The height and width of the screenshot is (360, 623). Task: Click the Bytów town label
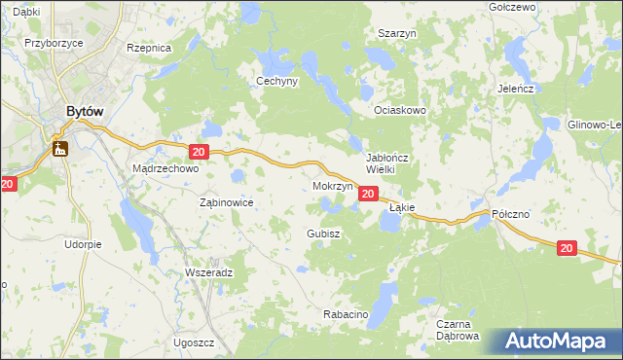coord(85,112)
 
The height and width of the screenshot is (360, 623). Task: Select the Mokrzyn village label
coord(332,185)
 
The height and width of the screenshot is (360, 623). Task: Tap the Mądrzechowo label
coord(165,168)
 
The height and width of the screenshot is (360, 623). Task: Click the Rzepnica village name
coord(149,47)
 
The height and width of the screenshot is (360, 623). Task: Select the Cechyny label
coord(276,82)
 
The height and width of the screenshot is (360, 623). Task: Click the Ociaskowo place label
coord(401,110)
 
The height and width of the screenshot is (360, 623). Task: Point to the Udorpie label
coord(84,244)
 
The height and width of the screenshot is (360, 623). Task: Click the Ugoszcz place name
coord(194,343)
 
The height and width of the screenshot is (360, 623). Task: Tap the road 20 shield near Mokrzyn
coord(367,195)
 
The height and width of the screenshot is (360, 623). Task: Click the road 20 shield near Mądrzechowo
coord(199,152)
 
